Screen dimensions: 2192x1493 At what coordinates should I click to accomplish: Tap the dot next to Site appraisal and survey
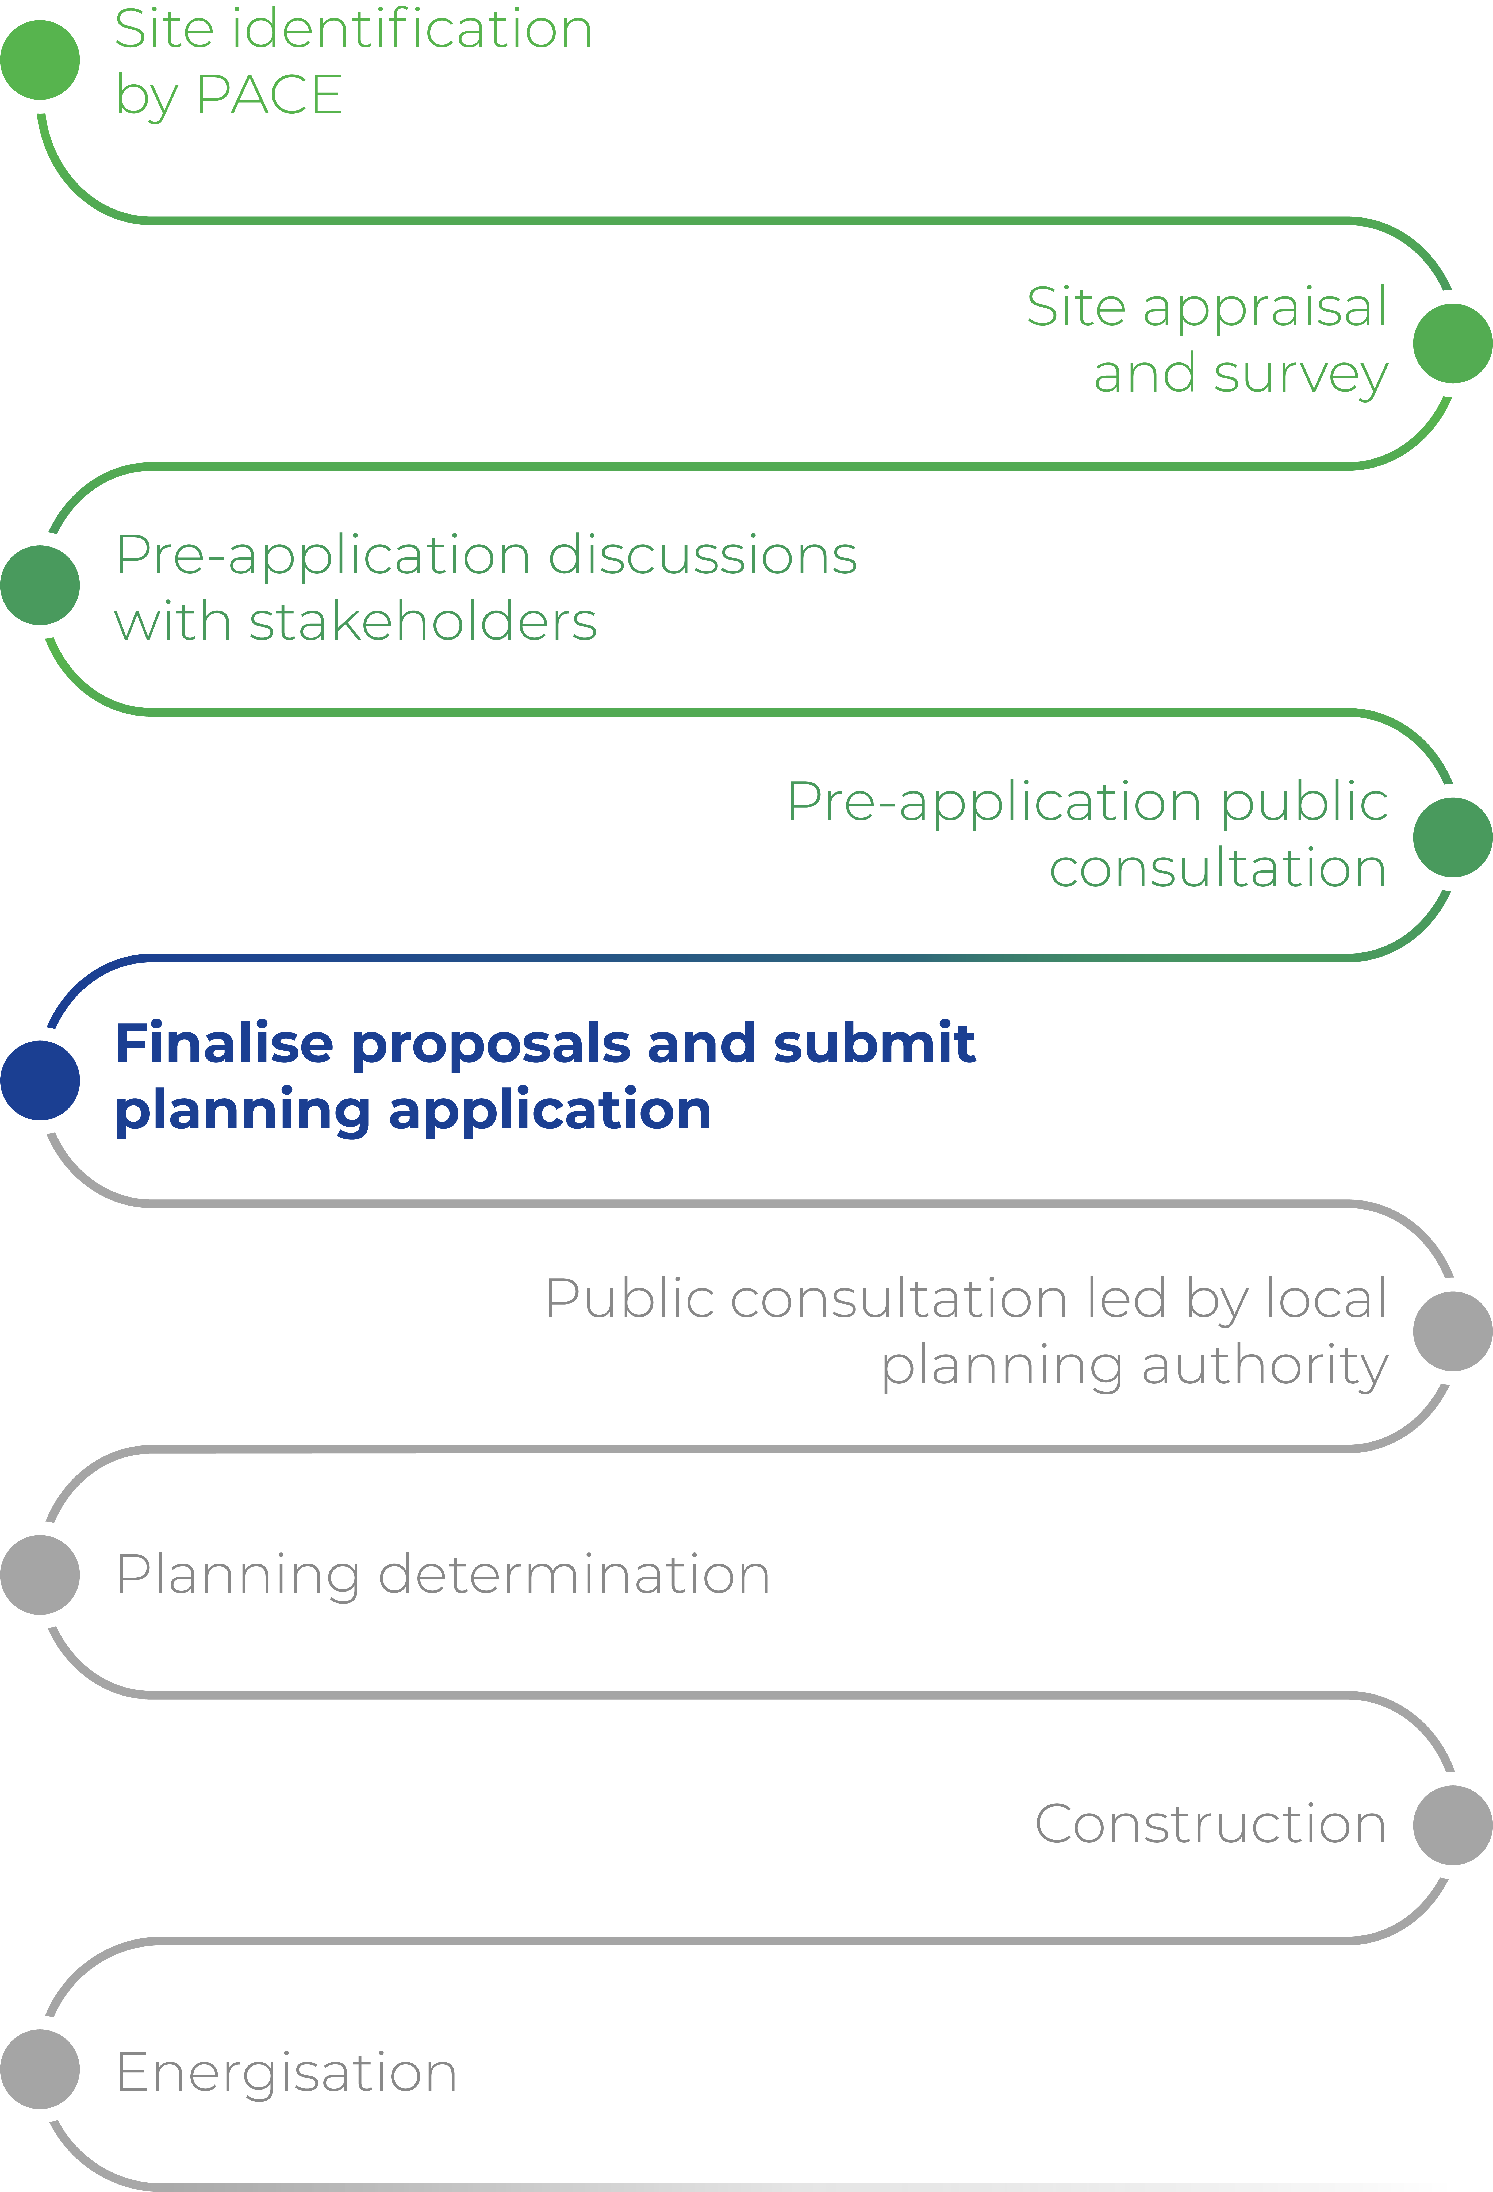pyautogui.click(x=1452, y=343)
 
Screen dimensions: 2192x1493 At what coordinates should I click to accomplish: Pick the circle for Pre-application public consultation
pyautogui.click(x=1452, y=837)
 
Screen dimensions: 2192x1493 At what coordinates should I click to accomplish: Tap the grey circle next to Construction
pyautogui.click(x=1452, y=1825)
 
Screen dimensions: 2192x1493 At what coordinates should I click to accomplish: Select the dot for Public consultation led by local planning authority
pyautogui.click(x=1452, y=1331)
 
